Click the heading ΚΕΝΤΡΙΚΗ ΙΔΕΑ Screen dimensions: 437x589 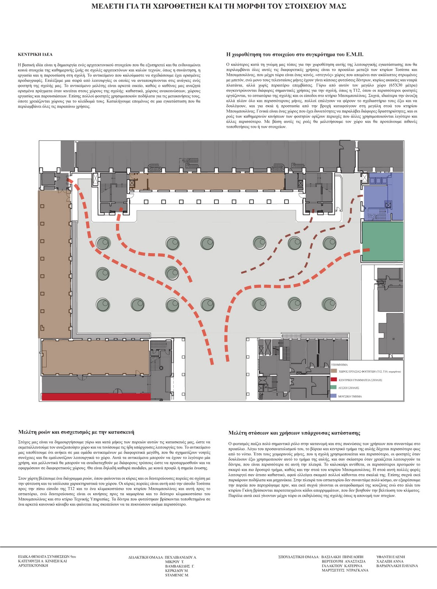[x=35, y=54]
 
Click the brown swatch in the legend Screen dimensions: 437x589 [x=334, y=371]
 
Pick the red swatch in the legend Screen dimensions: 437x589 [x=334, y=380]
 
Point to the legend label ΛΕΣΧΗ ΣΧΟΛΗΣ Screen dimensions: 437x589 [x=348, y=388]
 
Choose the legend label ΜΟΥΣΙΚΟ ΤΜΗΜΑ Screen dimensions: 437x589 [x=350, y=396]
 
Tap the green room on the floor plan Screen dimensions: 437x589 [x=383, y=241]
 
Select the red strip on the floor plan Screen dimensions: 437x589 [x=96, y=396]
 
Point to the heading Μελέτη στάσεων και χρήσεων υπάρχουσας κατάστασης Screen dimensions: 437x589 [x=294, y=433]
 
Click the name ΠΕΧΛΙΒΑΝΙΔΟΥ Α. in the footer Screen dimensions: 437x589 [x=181, y=557]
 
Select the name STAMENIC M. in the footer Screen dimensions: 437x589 [x=177, y=575]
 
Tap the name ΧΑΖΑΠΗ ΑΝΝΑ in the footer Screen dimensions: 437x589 [x=390, y=561]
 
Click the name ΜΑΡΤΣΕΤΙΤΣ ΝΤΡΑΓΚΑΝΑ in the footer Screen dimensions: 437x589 [x=345, y=570]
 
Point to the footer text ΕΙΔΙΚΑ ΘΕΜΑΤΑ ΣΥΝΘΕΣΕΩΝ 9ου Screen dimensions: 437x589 [x=47, y=557]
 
